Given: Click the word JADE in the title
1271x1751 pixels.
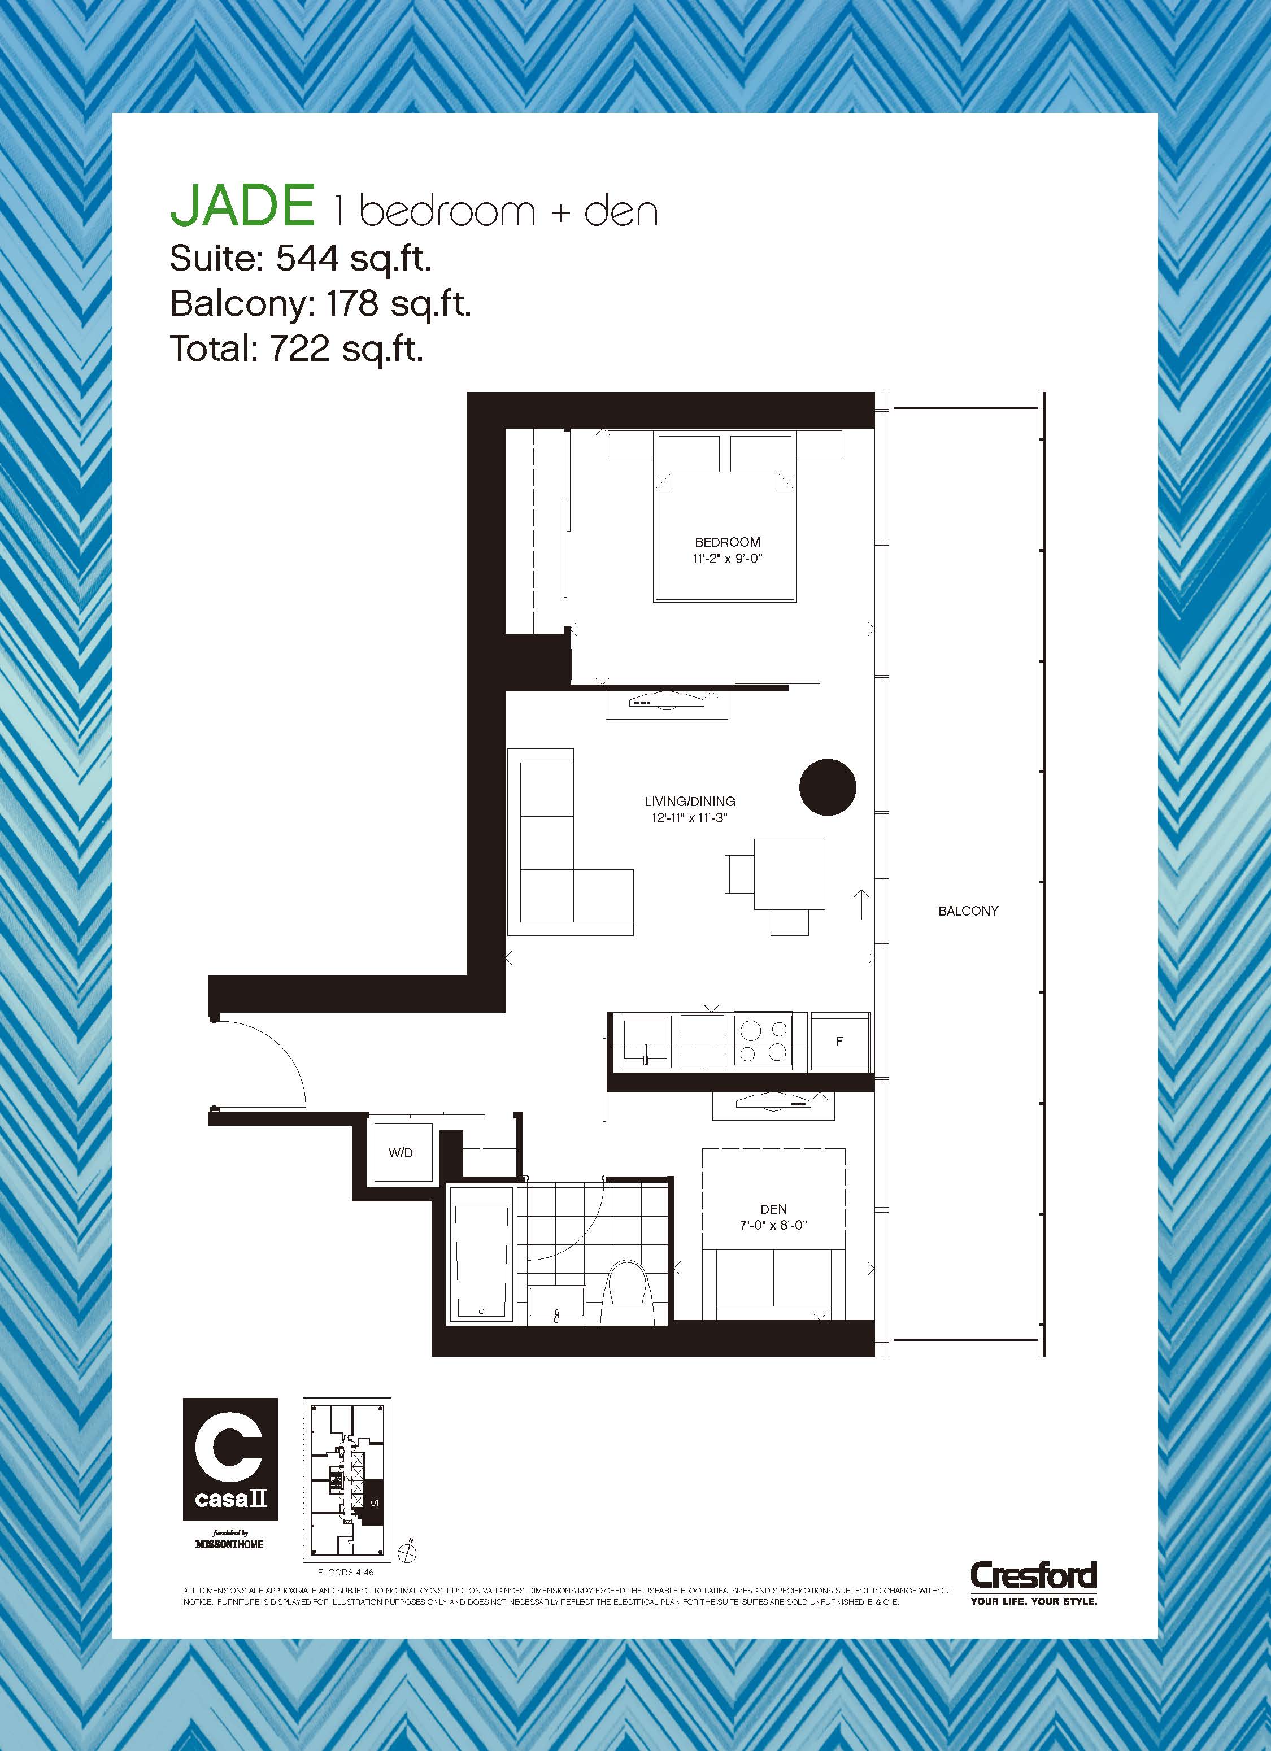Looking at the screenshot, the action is coord(242,206).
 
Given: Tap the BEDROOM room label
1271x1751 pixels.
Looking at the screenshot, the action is coord(728,542).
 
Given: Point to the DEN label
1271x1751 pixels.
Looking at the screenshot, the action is coord(774,1209).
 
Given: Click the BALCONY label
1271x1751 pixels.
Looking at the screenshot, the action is coord(968,911).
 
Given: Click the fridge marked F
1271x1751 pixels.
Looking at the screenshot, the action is coord(840,1042).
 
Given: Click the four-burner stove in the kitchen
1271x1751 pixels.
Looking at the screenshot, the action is coord(762,1041).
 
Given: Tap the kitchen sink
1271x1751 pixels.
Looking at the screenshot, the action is coord(646,1042).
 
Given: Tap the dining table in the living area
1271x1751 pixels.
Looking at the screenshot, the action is coord(790,873).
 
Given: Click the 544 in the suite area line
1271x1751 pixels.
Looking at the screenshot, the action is coord(307,259).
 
